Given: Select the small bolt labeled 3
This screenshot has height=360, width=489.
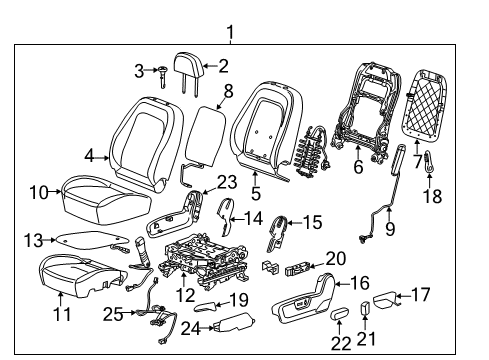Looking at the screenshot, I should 161,71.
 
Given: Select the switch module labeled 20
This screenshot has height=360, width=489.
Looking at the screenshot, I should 298,268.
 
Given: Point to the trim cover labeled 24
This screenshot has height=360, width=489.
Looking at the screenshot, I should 231,322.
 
